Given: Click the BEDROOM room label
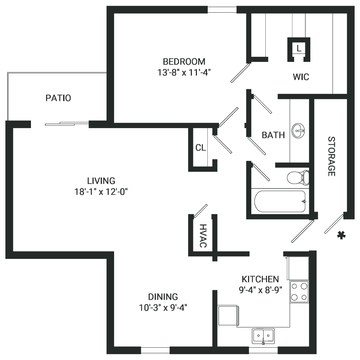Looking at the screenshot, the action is [184, 62].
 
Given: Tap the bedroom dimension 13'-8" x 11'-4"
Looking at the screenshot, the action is [184, 73].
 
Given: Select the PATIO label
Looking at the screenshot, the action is [58, 98].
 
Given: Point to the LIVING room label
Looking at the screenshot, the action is [101, 181].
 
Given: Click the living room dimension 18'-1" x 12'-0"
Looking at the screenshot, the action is [101, 192].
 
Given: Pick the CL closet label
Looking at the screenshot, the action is [201, 148].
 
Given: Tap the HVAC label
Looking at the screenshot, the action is [203, 236].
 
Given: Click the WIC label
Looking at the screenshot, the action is [301, 77].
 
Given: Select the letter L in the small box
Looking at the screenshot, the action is [299, 48].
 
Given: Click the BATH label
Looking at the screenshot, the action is [273, 135].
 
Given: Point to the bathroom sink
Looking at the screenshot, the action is [298, 131].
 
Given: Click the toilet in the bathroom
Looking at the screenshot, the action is [298, 177].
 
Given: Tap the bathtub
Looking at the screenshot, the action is [280, 201].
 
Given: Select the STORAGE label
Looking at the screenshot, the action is [331, 156].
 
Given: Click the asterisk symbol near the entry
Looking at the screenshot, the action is [341, 235].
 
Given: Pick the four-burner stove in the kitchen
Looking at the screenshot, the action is [299, 292].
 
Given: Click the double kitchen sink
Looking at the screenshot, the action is [263, 336].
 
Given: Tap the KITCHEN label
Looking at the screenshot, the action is [260, 279].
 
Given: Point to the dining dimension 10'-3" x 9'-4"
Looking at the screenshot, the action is [163, 307].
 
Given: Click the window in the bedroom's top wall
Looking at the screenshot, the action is [222, 10].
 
